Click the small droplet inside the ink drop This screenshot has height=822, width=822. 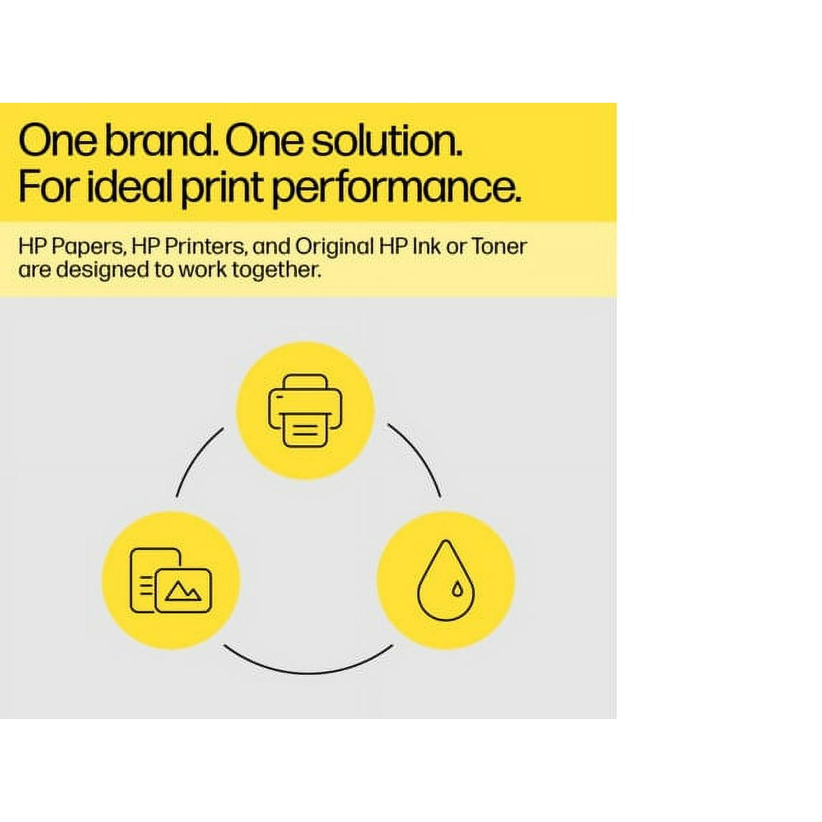click(457, 589)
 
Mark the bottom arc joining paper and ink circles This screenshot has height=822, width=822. click(307, 672)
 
